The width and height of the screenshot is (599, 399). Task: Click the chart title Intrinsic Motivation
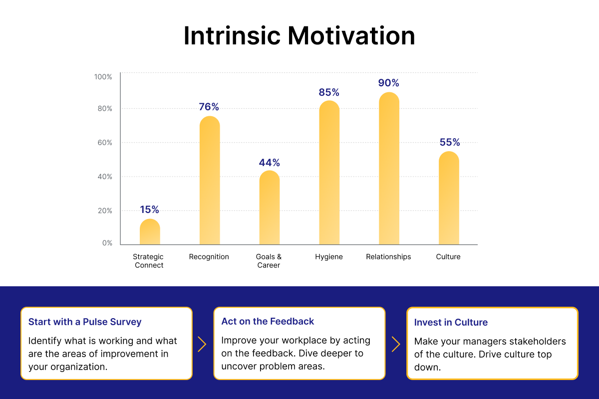coord(299,36)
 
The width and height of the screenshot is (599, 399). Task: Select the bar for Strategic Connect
coord(150,232)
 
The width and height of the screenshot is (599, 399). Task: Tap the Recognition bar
coord(210,181)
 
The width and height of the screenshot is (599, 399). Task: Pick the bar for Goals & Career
coord(270,208)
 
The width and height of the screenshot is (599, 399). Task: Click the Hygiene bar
coord(329,173)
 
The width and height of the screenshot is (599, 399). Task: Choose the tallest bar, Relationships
coord(389,169)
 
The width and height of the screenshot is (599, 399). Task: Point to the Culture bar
coord(449,199)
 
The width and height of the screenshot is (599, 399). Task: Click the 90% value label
coord(389,83)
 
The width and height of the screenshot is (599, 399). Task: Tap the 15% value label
coord(149,209)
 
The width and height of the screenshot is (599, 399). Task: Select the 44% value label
coord(270,163)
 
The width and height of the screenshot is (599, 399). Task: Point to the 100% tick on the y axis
coord(103,77)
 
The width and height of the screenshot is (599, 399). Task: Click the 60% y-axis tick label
coord(104,143)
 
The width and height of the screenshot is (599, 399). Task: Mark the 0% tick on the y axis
coord(107,243)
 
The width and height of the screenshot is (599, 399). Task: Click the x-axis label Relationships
coord(388,257)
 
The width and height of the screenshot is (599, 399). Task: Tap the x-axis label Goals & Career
coord(269,261)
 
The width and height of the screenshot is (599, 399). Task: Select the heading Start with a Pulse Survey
coord(85,322)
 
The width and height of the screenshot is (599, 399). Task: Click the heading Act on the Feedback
coord(268,321)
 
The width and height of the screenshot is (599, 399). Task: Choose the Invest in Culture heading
coord(451,322)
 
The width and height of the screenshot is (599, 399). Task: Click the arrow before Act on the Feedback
coord(202,344)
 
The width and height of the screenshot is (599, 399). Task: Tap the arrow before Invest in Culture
coord(396,344)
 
